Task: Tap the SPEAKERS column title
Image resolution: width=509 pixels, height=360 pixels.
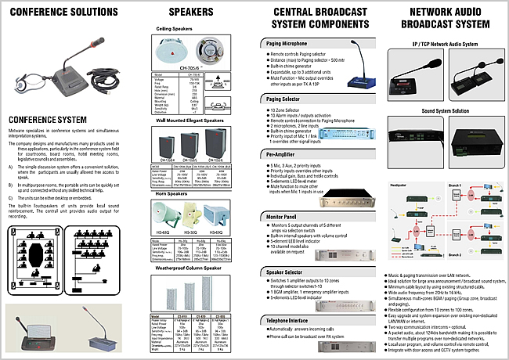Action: pos(190,13)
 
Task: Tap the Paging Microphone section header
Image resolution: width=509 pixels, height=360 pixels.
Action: pos(284,43)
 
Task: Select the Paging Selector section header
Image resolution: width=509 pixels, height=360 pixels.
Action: pos(283,99)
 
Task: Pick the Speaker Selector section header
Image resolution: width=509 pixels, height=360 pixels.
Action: pos(283,271)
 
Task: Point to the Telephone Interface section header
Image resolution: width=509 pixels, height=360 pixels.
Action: pos(287,321)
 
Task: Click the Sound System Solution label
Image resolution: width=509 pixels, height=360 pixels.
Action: pos(444,111)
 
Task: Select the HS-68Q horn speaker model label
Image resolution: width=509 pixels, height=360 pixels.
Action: pos(162,231)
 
